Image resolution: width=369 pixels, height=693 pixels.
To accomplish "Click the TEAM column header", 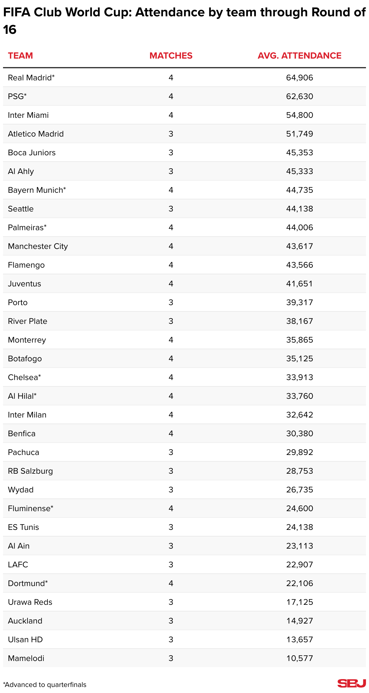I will (20, 56).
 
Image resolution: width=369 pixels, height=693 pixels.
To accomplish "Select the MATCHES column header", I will (171, 56).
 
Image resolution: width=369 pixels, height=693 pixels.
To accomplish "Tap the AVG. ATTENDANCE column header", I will (299, 56).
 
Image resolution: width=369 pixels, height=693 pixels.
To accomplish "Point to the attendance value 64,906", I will (299, 78).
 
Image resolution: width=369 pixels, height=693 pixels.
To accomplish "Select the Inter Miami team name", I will (28, 115).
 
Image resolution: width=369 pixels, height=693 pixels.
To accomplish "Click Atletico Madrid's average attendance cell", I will (299, 134).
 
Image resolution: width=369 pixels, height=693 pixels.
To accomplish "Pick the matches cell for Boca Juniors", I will (171, 153).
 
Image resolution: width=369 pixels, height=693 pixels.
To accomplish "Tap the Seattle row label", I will (21, 209).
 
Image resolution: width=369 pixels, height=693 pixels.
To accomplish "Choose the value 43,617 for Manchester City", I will (299, 246).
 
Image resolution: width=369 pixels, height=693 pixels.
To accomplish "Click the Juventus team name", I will (24, 284).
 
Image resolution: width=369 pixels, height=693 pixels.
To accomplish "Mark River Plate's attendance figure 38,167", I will (299, 321).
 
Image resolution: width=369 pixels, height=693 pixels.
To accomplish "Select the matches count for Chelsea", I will (171, 377).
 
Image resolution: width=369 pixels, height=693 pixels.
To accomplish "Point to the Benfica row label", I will (22, 434).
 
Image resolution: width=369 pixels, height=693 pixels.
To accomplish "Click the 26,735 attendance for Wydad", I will (299, 490).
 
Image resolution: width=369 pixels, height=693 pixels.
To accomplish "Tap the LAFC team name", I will (18, 565).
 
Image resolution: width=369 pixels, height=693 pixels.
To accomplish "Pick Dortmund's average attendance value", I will (299, 583).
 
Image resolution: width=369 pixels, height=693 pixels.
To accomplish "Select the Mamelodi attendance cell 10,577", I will (299, 658).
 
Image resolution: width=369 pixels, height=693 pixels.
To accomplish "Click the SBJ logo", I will (351, 683).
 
